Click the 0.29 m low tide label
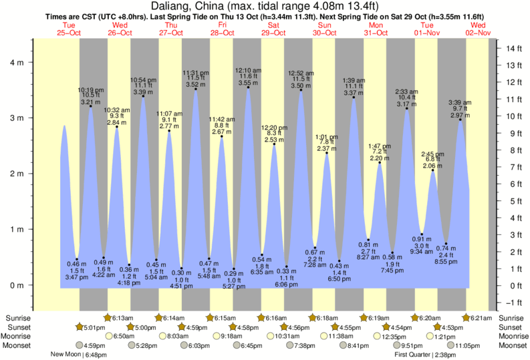click(x=233, y=274)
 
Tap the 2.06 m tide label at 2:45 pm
click(x=432, y=165)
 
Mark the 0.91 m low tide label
click(x=422, y=239)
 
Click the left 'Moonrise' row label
click(x=18, y=336)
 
